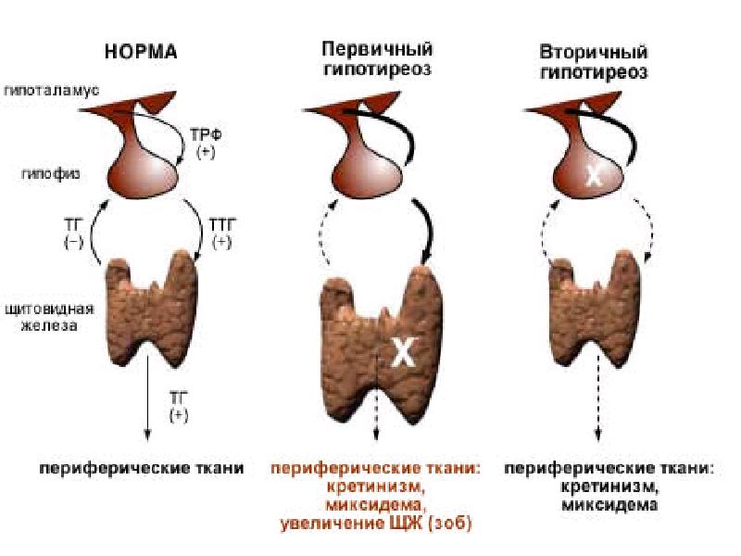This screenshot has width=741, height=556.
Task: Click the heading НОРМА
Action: click(x=141, y=52)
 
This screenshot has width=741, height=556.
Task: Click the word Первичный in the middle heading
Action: click(x=377, y=49)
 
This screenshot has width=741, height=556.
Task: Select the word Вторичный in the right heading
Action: click(x=594, y=52)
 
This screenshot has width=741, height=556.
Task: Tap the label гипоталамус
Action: click(x=52, y=90)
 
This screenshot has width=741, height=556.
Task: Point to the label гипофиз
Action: click(x=51, y=174)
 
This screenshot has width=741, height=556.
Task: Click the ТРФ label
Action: click(x=206, y=135)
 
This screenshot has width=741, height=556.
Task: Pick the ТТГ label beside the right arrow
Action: click(x=222, y=224)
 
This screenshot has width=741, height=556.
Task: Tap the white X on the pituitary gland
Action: click(x=594, y=177)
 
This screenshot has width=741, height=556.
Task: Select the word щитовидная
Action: click(x=50, y=310)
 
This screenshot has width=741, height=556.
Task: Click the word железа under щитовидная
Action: click(x=49, y=326)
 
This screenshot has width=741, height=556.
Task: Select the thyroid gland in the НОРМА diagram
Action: click(x=151, y=308)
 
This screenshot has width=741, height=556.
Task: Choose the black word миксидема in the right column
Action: click(x=609, y=505)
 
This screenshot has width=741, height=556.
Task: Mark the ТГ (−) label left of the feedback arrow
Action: click(x=73, y=234)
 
